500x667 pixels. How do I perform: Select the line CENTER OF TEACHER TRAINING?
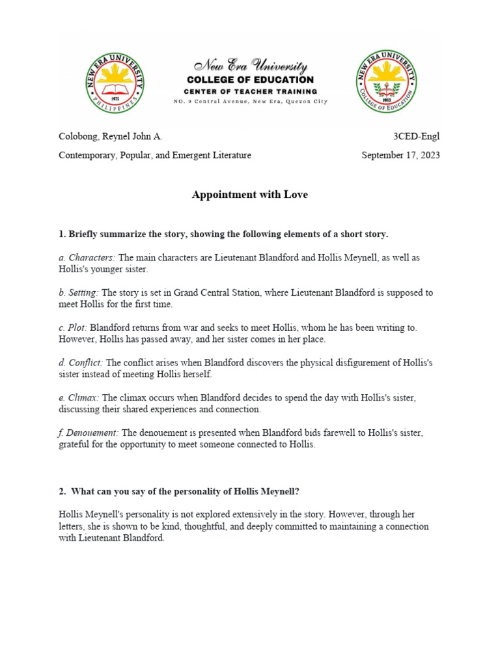[251, 91]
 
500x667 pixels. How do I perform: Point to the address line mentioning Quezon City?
[251, 102]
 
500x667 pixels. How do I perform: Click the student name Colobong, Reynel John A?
[111, 136]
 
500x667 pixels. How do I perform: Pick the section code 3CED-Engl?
[416, 136]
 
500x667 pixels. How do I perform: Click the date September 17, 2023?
[400, 155]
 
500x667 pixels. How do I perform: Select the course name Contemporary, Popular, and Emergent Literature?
[155, 155]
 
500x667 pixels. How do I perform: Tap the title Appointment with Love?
[250, 195]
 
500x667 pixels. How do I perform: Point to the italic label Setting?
[79, 292]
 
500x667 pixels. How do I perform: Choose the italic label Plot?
[73, 328]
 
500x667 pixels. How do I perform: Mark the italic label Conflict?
[81, 363]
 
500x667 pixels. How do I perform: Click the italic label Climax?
[79, 397]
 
